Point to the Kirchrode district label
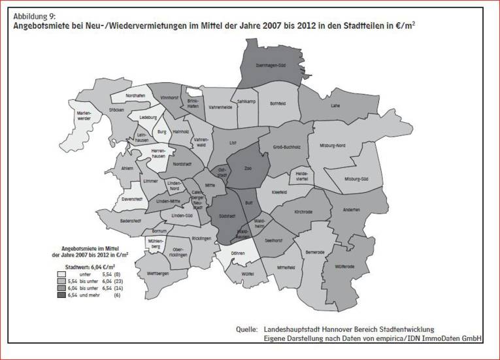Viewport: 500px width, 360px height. (x=301, y=213)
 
